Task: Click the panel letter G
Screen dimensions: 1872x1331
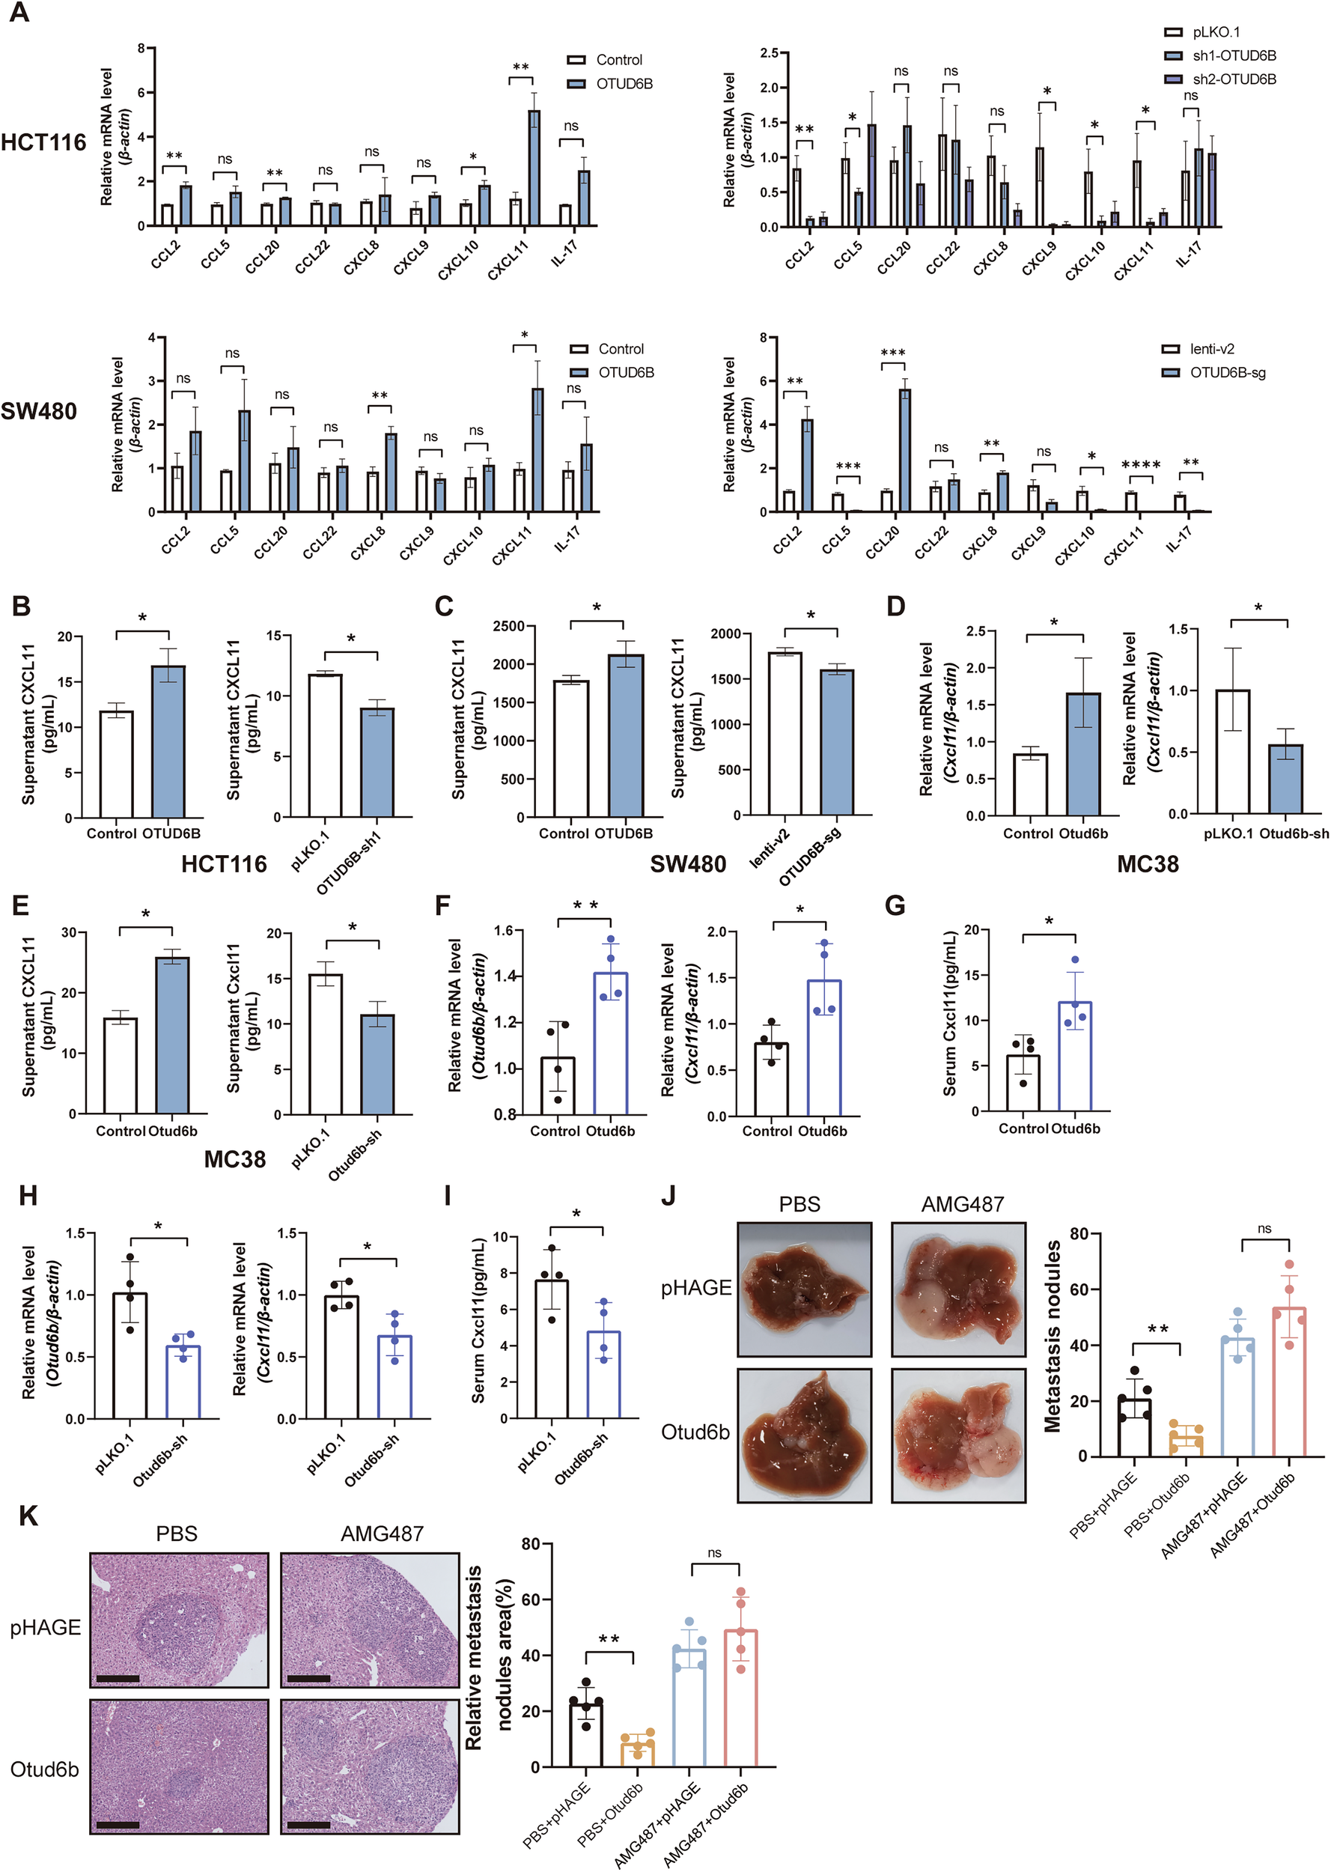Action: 896,906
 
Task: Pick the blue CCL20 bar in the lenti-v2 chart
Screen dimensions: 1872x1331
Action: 905,451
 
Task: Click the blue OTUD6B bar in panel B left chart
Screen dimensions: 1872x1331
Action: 169,742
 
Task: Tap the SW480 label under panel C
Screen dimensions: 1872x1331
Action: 688,865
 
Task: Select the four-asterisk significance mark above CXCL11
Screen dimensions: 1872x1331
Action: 1141,466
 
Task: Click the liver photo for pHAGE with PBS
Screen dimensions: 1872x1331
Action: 804,1289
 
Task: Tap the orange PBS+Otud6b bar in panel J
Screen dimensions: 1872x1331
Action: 1186,1444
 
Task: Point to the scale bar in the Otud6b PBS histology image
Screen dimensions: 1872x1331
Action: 118,1826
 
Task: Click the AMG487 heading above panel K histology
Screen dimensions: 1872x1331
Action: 382,1534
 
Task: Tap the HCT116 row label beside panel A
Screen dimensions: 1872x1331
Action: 43,142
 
